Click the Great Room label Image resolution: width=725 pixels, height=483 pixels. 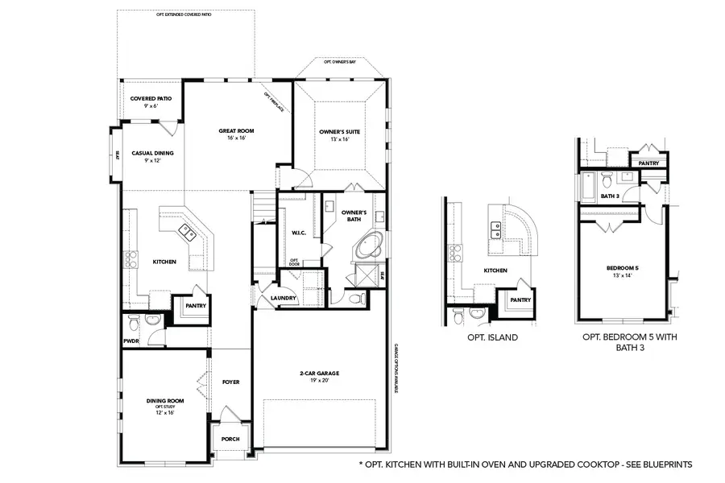pyautogui.click(x=237, y=130)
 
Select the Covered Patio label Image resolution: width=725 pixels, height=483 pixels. pyautogui.click(x=151, y=98)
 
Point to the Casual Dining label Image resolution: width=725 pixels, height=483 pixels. pyautogui.click(x=152, y=153)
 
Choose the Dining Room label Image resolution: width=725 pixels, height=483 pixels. pyautogui.click(x=165, y=401)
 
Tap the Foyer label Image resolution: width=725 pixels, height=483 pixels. pyautogui.click(x=231, y=382)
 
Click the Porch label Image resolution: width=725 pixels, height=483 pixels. pyautogui.click(x=230, y=439)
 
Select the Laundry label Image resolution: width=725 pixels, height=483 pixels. pyautogui.click(x=284, y=298)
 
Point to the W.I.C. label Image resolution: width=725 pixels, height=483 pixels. pyautogui.click(x=296, y=233)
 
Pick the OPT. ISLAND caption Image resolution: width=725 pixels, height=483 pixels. pyautogui.click(x=492, y=338)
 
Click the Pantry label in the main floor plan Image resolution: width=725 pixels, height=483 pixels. pyautogui.click(x=196, y=305)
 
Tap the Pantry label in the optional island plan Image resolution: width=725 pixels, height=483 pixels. pyautogui.click(x=520, y=299)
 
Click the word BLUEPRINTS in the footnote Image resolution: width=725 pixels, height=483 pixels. pyautogui.click(x=667, y=464)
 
